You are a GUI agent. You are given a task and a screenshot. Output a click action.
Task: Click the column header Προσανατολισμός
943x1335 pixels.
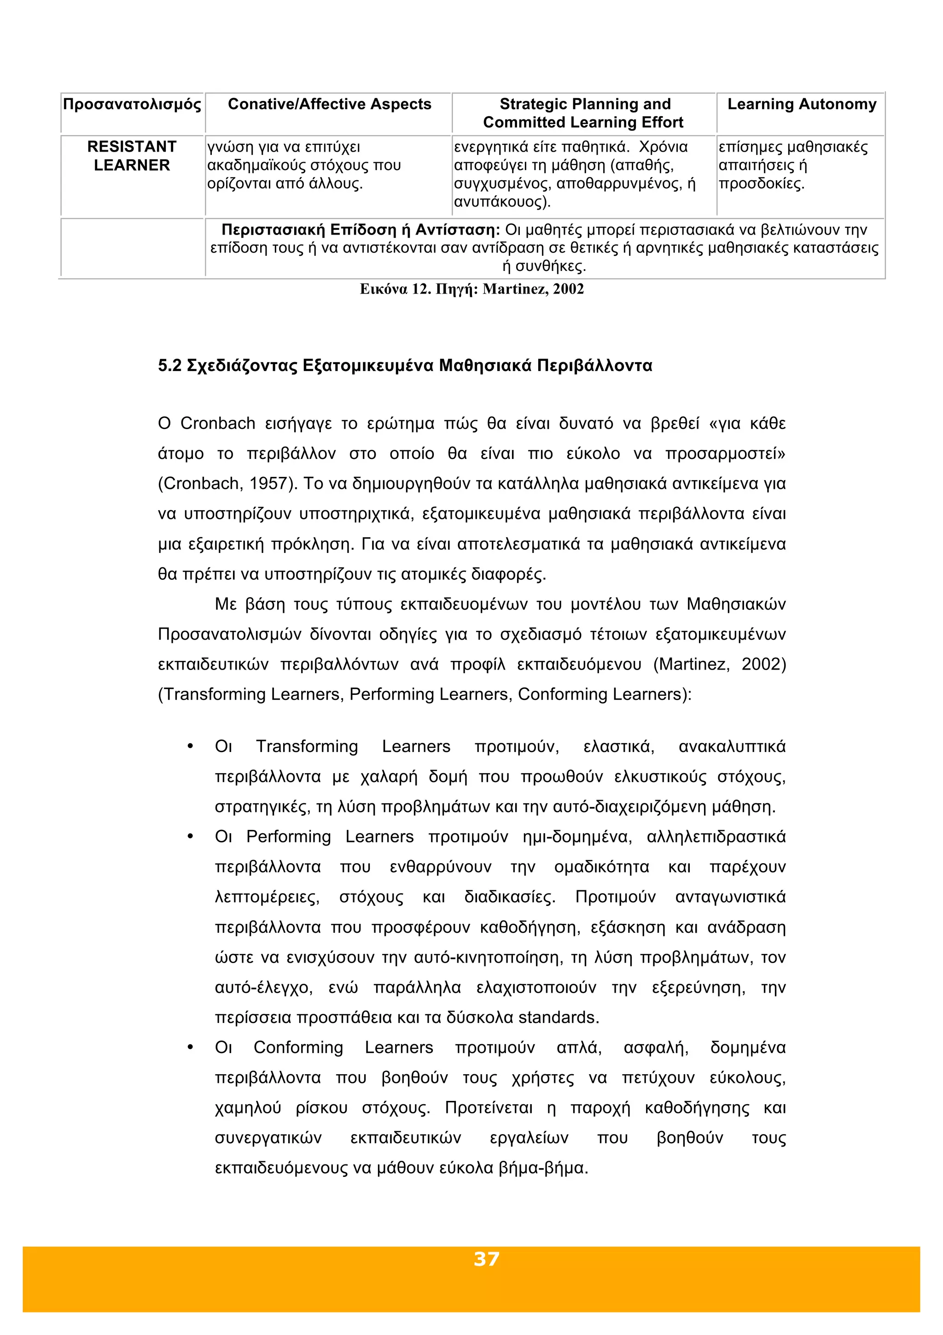(x=132, y=105)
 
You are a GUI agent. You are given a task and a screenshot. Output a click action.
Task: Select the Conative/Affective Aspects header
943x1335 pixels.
(x=329, y=104)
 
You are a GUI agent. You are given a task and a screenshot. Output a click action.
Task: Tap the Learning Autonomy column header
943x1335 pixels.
(x=801, y=104)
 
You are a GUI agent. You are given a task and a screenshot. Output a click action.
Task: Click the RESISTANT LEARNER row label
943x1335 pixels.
(x=132, y=156)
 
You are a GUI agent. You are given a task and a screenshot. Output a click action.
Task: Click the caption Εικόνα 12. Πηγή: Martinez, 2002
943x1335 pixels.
(x=472, y=289)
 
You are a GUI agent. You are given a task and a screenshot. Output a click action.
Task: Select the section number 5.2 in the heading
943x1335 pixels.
(x=169, y=366)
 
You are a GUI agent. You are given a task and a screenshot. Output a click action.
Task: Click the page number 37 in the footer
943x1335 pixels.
(x=486, y=1259)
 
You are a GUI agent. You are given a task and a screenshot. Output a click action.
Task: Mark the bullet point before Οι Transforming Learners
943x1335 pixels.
(x=190, y=747)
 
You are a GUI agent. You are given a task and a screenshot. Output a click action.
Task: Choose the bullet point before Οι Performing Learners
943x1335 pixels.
(x=190, y=837)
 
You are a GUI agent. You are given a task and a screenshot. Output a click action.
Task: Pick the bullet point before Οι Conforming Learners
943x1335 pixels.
(x=190, y=1048)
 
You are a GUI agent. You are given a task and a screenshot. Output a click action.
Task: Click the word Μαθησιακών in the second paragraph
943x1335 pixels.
(x=736, y=604)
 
